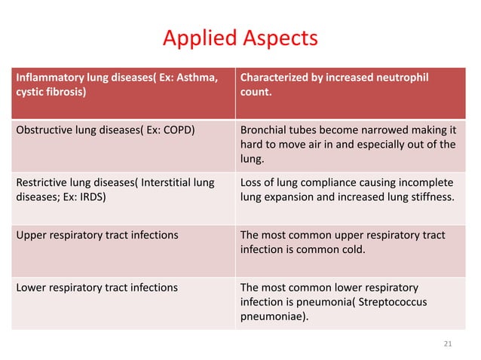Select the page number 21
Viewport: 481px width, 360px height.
tap(447, 343)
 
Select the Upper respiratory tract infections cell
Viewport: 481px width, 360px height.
tap(97, 235)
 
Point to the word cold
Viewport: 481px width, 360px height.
tap(354, 250)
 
